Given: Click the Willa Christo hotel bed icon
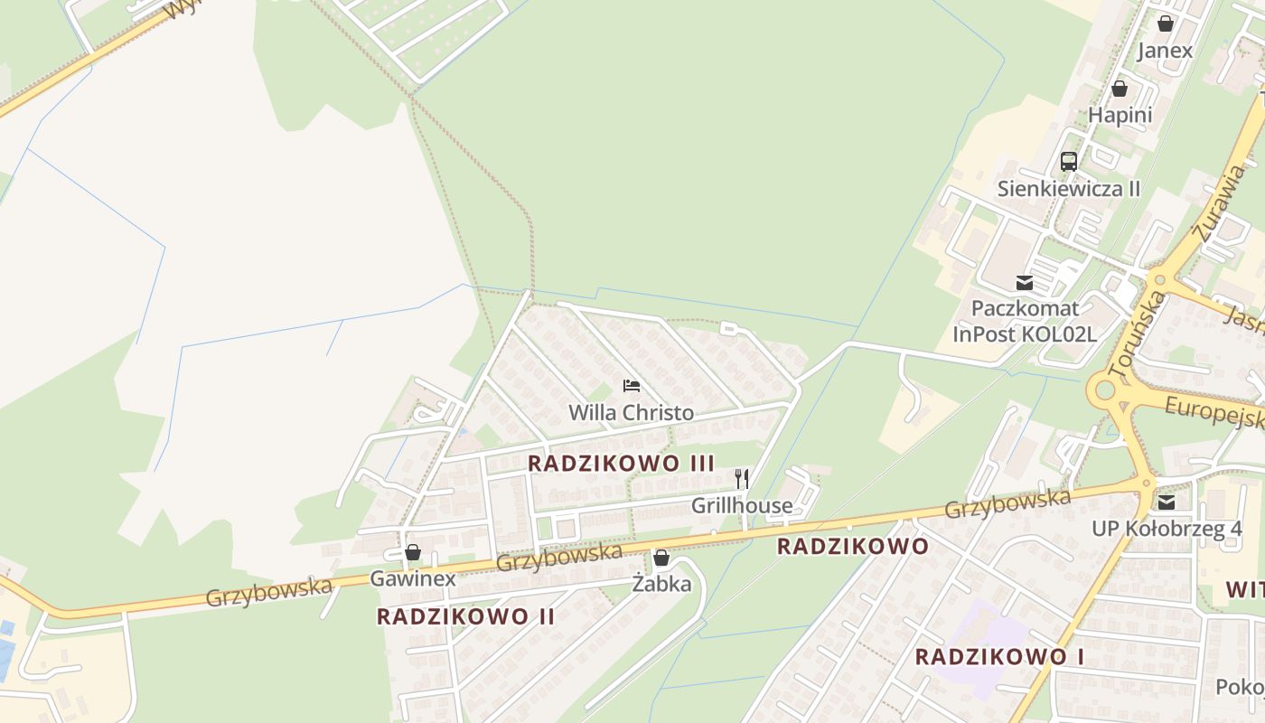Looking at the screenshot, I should [632, 386].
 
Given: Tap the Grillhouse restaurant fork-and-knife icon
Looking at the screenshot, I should [741, 478].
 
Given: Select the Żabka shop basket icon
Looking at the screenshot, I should [661, 558].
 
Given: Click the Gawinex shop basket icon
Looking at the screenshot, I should [413, 551].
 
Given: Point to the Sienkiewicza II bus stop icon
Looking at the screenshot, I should [1069, 162].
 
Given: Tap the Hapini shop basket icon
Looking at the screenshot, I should [1120, 89].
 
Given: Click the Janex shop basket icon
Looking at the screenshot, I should [1166, 23].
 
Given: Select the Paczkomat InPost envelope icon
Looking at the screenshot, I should [1025, 283].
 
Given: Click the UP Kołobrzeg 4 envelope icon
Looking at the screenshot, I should [1167, 502].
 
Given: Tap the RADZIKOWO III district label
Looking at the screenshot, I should [621, 464].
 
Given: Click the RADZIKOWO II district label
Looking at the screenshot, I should [465, 616].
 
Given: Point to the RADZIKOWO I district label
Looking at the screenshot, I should [999, 657].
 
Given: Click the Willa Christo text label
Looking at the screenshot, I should [631, 413].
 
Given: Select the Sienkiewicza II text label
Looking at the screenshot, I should [1069, 189].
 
